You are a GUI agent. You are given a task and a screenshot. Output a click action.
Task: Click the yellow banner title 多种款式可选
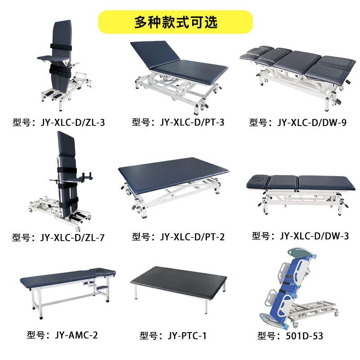175,22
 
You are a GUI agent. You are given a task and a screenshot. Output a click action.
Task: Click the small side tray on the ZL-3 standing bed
50,58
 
